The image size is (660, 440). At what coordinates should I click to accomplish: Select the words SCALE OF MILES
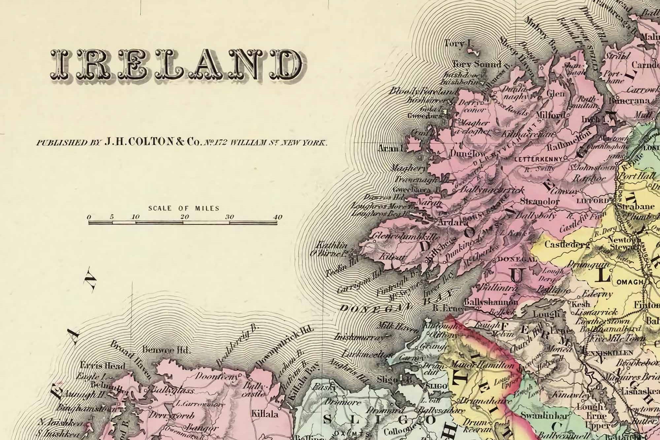coord(183,208)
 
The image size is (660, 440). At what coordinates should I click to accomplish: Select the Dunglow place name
coord(468,154)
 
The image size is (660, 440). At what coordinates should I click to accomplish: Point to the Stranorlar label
coord(540,201)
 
